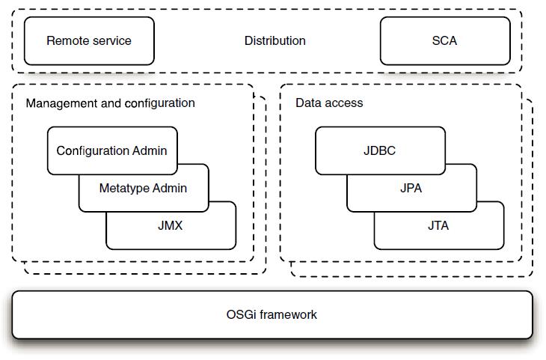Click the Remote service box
89,40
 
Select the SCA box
444,40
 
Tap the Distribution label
274,40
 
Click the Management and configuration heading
110,103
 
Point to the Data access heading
329,103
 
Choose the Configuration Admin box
111,150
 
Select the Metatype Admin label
143,188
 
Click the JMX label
170,225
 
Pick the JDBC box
379,150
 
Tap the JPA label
411,188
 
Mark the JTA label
438,225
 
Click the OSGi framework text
272,314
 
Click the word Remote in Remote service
67,40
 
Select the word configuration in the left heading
160,103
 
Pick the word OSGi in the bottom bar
239,314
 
